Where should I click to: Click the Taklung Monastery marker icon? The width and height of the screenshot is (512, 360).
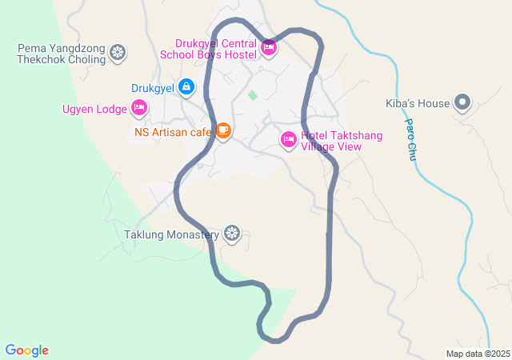232,234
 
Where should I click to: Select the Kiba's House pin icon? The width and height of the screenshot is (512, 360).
462,102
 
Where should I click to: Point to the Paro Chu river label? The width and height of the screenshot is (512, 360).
411,140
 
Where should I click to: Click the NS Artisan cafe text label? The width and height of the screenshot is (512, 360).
172,131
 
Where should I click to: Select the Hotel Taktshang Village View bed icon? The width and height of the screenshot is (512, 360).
289,140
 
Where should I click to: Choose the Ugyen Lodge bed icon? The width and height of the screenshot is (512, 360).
139,108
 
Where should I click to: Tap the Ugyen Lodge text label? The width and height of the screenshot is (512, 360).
94,109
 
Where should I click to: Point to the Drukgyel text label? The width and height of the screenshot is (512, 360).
154,87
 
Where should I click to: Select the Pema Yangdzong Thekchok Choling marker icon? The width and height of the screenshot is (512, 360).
118,54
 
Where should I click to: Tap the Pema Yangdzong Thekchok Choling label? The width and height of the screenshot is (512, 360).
62,54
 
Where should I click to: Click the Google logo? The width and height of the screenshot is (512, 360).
27,350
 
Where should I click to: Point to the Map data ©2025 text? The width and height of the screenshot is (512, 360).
478,354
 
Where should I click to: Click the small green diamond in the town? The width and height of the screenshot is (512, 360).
253,96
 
